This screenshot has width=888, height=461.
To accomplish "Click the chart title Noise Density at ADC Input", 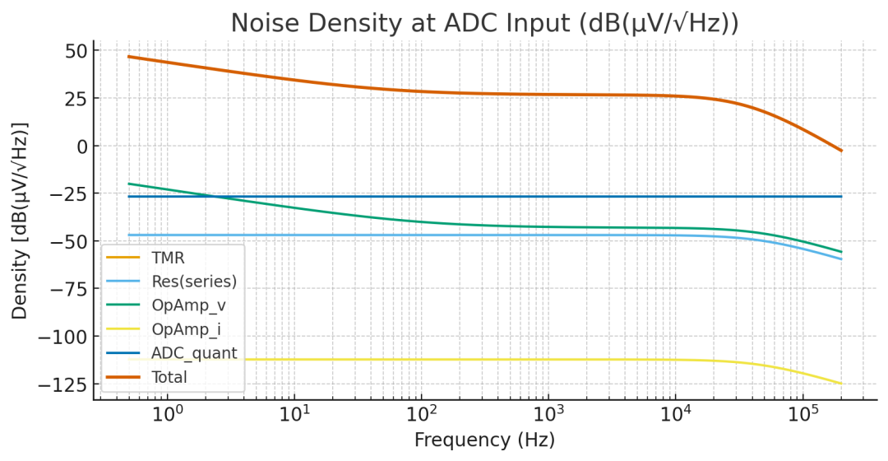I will [484, 23].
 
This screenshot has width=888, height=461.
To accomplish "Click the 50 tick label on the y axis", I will [68, 51].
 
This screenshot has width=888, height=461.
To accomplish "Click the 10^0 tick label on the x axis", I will [167, 412].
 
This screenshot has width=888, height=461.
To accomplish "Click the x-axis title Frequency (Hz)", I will [484, 440].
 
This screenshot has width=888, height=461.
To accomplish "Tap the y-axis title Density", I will [20, 221].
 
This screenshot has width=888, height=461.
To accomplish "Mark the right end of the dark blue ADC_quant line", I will [841, 197].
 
